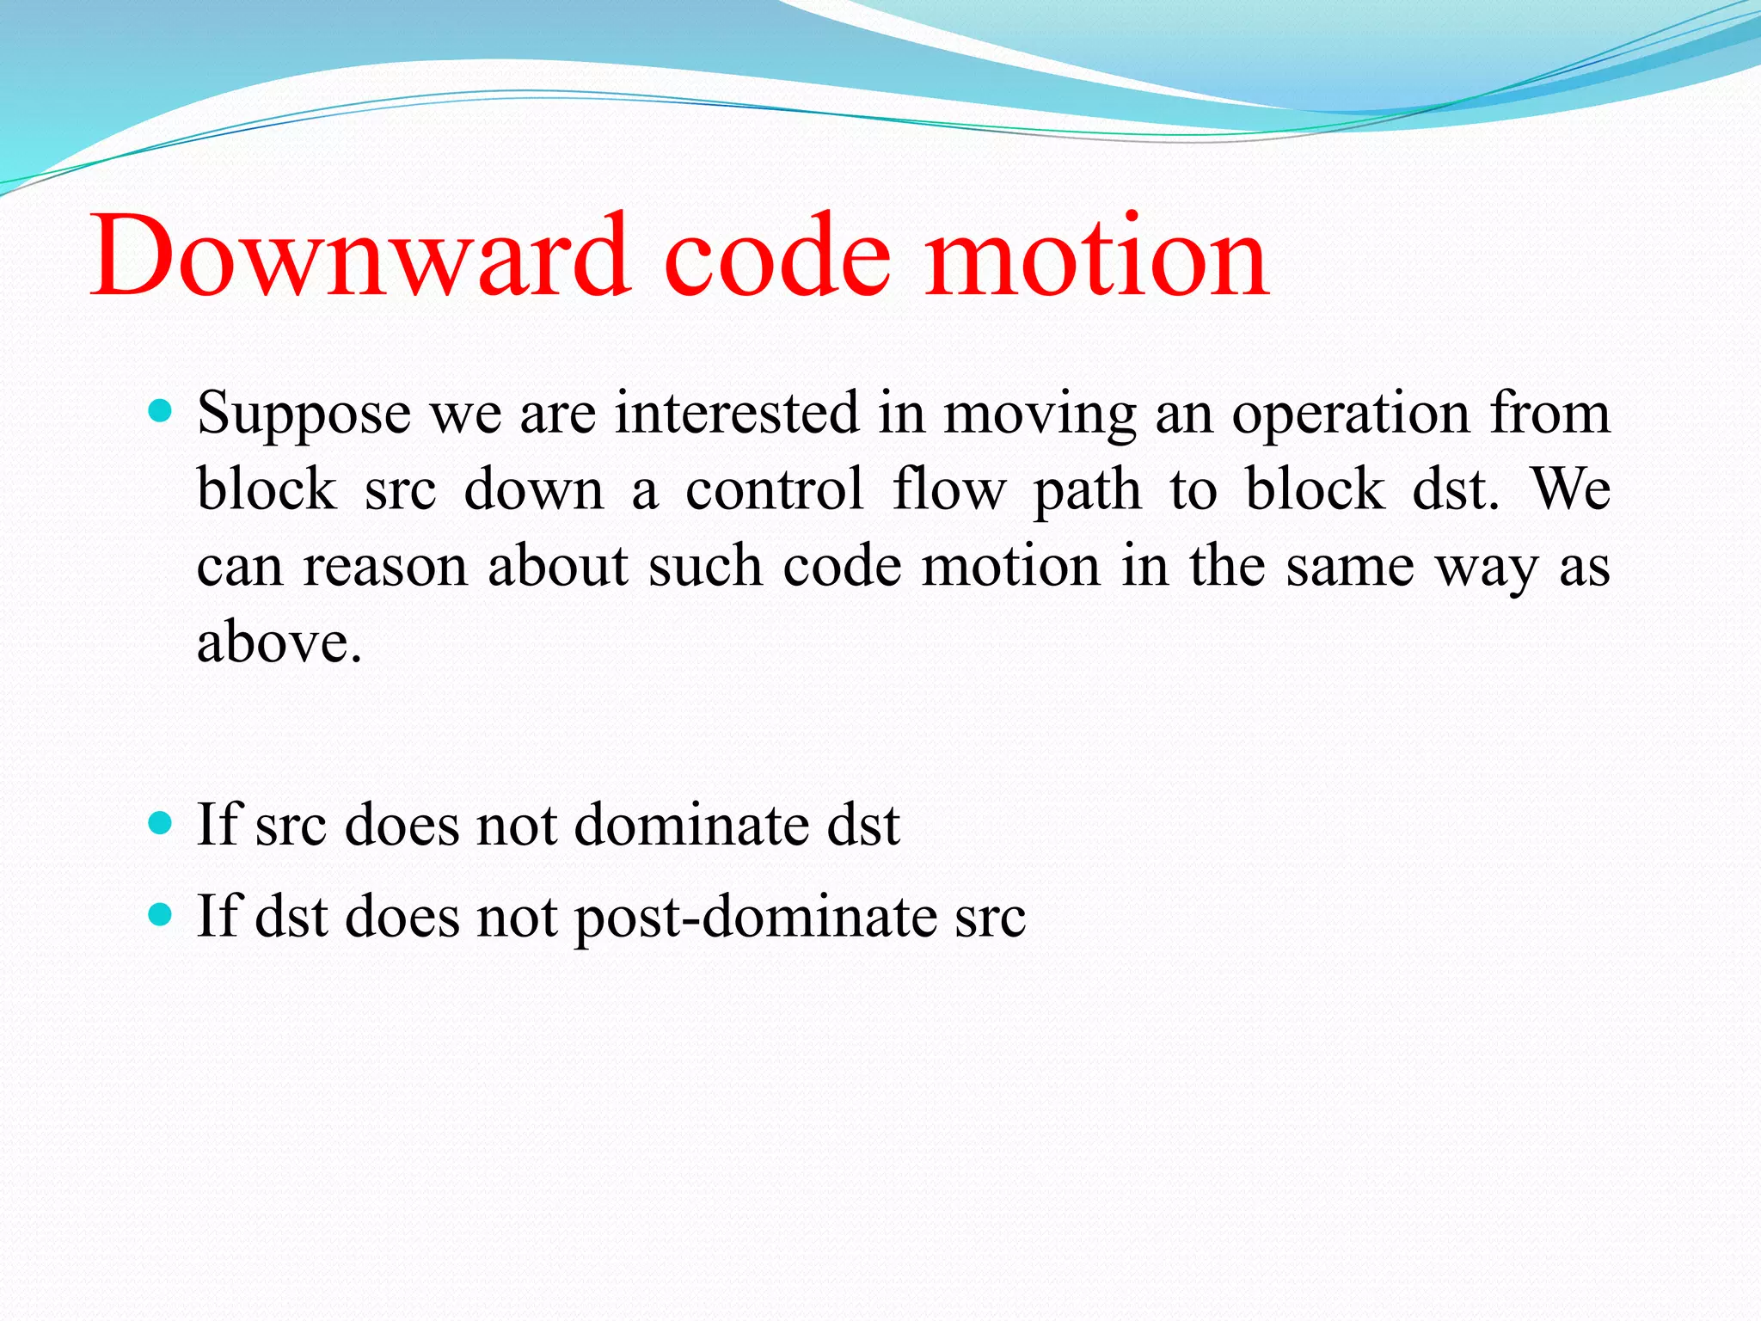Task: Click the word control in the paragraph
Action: click(x=774, y=490)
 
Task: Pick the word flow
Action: click(x=948, y=490)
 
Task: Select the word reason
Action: click(x=384, y=568)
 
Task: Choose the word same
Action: click(x=1350, y=568)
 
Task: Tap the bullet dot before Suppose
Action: click(x=160, y=411)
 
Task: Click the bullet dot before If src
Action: click(x=160, y=824)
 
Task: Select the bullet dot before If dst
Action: click(x=160, y=914)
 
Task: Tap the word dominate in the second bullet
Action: click(x=691, y=826)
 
